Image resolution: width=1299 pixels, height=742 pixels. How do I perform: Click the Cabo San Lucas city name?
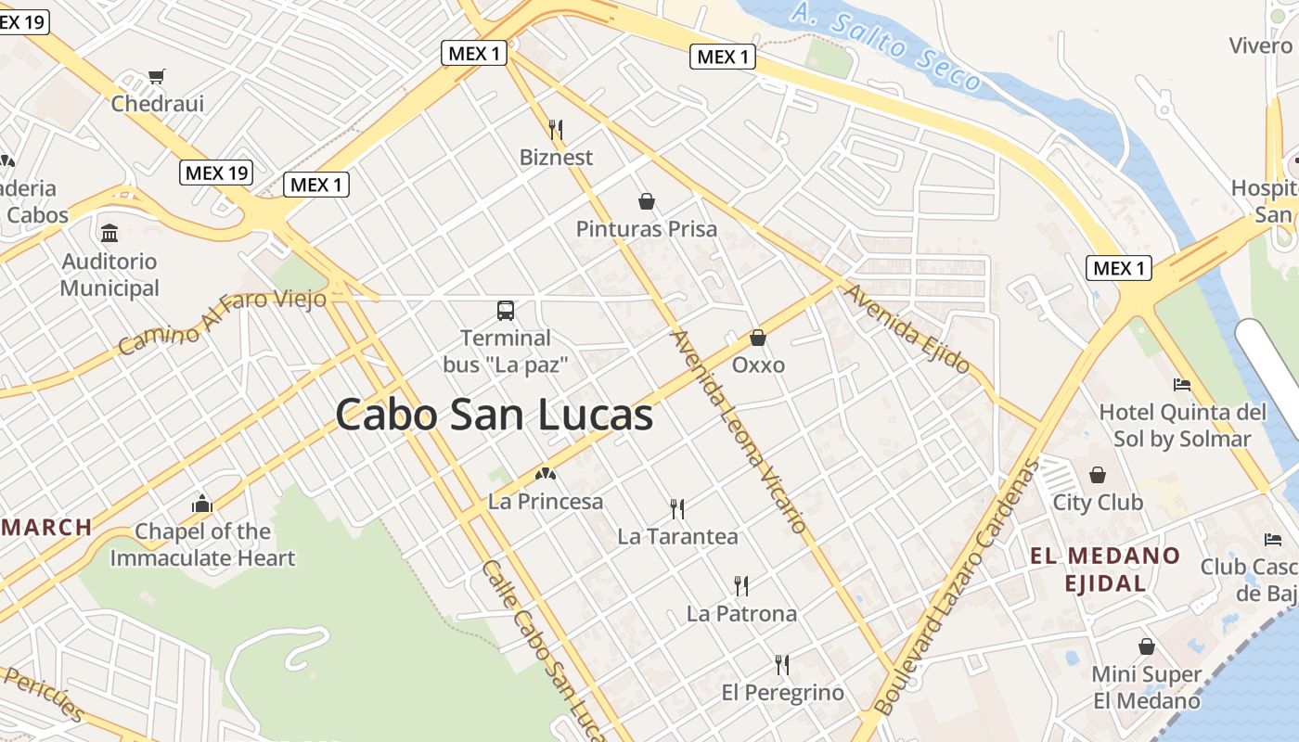(x=494, y=415)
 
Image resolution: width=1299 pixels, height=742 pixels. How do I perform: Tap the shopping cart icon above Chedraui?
(x=157, y=76)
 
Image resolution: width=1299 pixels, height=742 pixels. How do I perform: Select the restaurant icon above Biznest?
(x=556, y=129)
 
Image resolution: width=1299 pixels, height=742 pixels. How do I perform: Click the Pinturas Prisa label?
(x=647, y=228)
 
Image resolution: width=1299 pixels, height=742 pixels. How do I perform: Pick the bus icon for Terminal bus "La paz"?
(x=506, y=310)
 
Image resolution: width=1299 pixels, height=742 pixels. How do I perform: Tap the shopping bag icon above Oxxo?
(x=758, y=338)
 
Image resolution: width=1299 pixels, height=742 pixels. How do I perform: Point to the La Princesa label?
(x=546, y=502)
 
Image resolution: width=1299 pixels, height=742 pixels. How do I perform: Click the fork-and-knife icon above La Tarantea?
(x=677, y=508)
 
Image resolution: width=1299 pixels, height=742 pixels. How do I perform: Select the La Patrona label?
(x=741, y=613)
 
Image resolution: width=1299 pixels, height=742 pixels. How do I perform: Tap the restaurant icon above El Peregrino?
(x=782, y=664)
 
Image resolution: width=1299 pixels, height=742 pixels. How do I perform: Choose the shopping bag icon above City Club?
(x=1098, y=475)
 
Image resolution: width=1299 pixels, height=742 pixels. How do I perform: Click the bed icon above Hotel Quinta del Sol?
(x=1181, y=384)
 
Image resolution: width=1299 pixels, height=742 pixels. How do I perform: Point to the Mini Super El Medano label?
(x=1147, y=687)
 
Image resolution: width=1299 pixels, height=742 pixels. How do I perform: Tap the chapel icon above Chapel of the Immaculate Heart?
(x=202, y=505)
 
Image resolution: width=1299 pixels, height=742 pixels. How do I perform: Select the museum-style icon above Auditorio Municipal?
(x=109, y=232)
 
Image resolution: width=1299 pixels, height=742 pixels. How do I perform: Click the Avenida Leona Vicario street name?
(x=739, y=431)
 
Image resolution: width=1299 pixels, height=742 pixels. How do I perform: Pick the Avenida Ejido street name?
(x=906, y=328)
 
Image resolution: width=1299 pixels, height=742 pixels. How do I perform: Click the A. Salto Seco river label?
(x=886, y=45)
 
